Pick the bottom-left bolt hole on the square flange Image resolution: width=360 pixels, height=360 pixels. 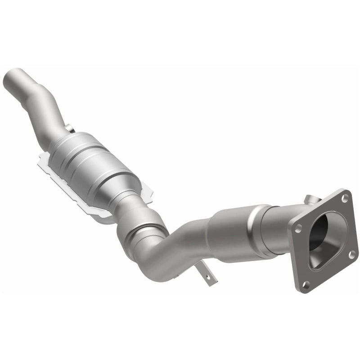(x=306, y=283)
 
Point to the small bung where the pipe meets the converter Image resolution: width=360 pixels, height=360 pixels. (x=68, y=129)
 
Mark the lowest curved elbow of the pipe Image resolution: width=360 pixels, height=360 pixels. (x=153, y=274)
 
